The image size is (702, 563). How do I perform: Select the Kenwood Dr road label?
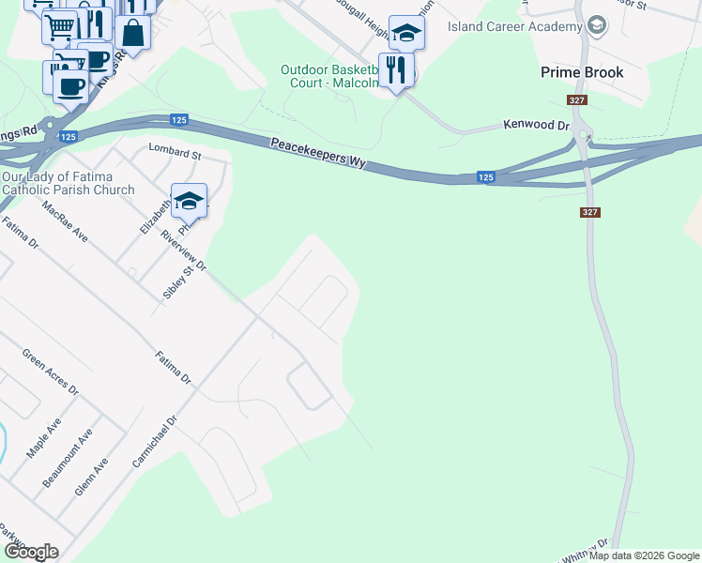(537, 124)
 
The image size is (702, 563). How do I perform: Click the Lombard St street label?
(175, 151)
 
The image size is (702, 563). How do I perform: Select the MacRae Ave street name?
(65, 221)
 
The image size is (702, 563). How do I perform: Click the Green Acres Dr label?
(51, 373)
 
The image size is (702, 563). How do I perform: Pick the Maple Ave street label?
(43, 438)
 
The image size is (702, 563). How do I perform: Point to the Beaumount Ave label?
(68, 459)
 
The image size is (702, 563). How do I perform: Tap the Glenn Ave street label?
(92, 477)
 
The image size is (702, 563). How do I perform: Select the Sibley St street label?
(171, 281)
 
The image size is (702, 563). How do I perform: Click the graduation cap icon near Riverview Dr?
(189, 201)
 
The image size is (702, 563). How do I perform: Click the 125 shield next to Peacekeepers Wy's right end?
(485, 176)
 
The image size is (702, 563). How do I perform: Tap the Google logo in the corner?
(31, 552)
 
